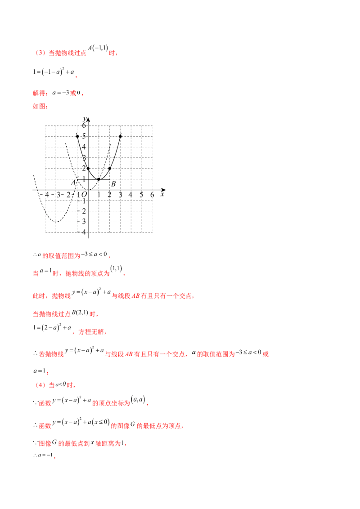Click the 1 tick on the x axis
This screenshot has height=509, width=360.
pyautogui.click(x=99, y=194)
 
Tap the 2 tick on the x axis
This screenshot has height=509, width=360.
pyautogui.click(x=109, y=194)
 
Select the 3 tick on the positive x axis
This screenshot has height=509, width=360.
pyautogui.click(x=121, y=194)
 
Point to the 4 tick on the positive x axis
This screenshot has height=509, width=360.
pyautogui.click(x=131, y=194)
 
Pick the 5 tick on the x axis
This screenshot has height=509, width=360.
pyautogui.click(x=142, y=194)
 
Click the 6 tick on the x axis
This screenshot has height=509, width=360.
pyautogui.click(x=153, y=194)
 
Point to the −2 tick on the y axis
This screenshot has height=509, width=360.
pyautogui.click(x=83, y=210)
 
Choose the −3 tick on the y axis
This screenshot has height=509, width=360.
pyautogui.click(x=83, y=221)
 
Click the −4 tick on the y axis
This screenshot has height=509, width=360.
pyautogui.click(x=83, y=232)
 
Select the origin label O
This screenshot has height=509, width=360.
pyautogui.click(x=84, y=194)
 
